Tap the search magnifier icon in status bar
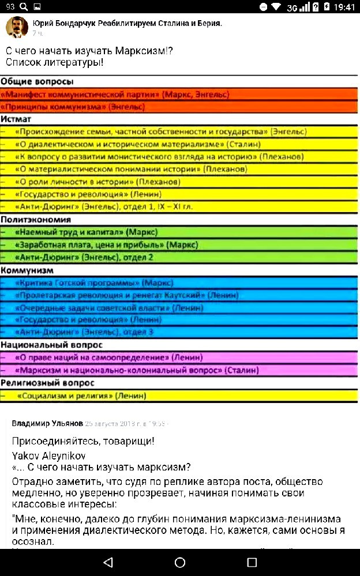click(x=23, y=7)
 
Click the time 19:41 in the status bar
click(x=344, y=7)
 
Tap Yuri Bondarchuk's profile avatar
click(x=17, y=27)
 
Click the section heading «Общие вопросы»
click(x=37, y=82)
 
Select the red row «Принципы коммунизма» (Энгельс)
click(x=72, y=107)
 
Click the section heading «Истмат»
click(x=16, y=119)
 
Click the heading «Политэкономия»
click(x=36, y=220)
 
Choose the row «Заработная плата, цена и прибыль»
click(x=107, y=245)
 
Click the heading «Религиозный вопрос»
click(x=47, y=383)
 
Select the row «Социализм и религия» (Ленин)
click(x=81, y=396)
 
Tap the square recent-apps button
click(x=252, y=562)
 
